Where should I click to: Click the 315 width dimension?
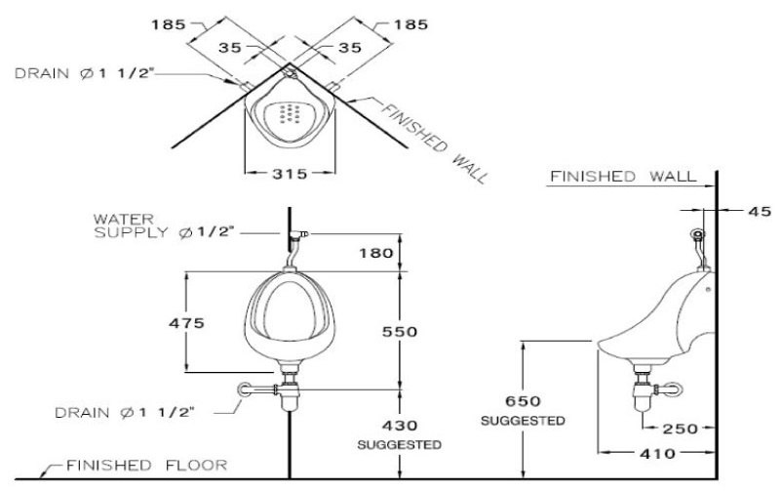(290, 174)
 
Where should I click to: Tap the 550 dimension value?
(400, 332)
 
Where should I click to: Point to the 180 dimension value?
(376, 253)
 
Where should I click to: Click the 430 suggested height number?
(400, 426)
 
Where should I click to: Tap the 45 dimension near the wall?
(759, 210)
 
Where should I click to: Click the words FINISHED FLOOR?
(146, 465)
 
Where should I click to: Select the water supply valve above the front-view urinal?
(296, 236)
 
